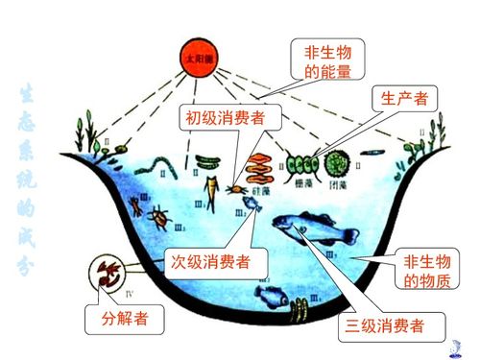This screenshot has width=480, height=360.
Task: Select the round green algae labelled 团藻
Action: (x=336, y=161)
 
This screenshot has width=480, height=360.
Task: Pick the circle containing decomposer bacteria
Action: (x=107, y=271)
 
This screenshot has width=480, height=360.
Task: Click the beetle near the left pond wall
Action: (x=158, y=220)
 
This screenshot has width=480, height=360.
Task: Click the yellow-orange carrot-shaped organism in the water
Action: (x=209, y=191)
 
